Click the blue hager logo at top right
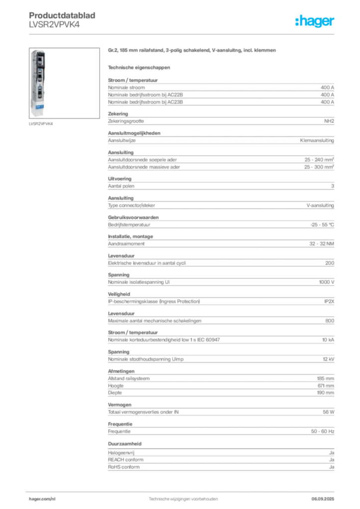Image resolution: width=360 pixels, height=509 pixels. (x=315, y=21)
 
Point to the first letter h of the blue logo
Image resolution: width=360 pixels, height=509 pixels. (x=297, y=21)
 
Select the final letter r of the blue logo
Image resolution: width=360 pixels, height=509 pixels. (x=334, y=22)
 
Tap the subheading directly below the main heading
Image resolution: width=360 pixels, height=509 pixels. (x=139, y=67)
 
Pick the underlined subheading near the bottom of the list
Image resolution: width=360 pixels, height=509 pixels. (x=125, y=443)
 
